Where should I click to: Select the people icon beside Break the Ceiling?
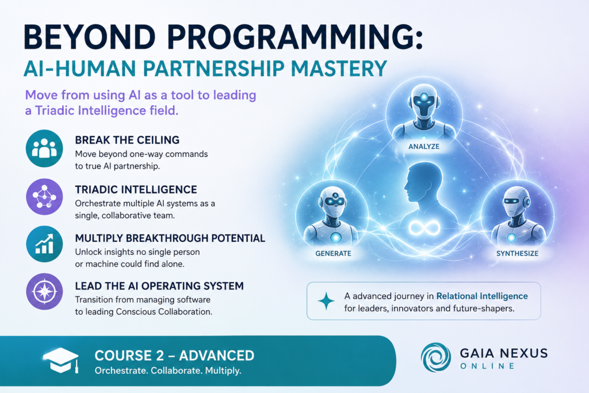(x=44, y=148)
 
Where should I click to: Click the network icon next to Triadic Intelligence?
(x=44, y=197)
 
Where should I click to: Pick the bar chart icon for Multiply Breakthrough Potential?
(x=44, y=244)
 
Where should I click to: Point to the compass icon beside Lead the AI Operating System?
(x=44, y=292)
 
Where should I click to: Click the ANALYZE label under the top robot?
(x=424, y=147)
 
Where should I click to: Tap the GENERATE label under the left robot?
(x=333, y=254)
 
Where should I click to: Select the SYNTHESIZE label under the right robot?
(x=517, y=254)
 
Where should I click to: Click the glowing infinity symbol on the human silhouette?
(x=424, y=227)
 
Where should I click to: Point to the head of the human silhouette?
(x=423, y=182)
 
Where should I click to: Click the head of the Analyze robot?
(x=424, y=100)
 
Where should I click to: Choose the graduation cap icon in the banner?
(x=61, y=360)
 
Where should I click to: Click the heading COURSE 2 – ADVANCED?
(x=174, y=356)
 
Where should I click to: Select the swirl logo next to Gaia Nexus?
(x=436, y=357)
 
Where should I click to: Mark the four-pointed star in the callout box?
(x=326, y=301)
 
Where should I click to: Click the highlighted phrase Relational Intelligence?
(x=482, y=296)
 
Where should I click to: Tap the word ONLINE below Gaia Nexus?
(x=487, y=366)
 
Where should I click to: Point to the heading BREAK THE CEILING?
(x=127, y=140)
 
